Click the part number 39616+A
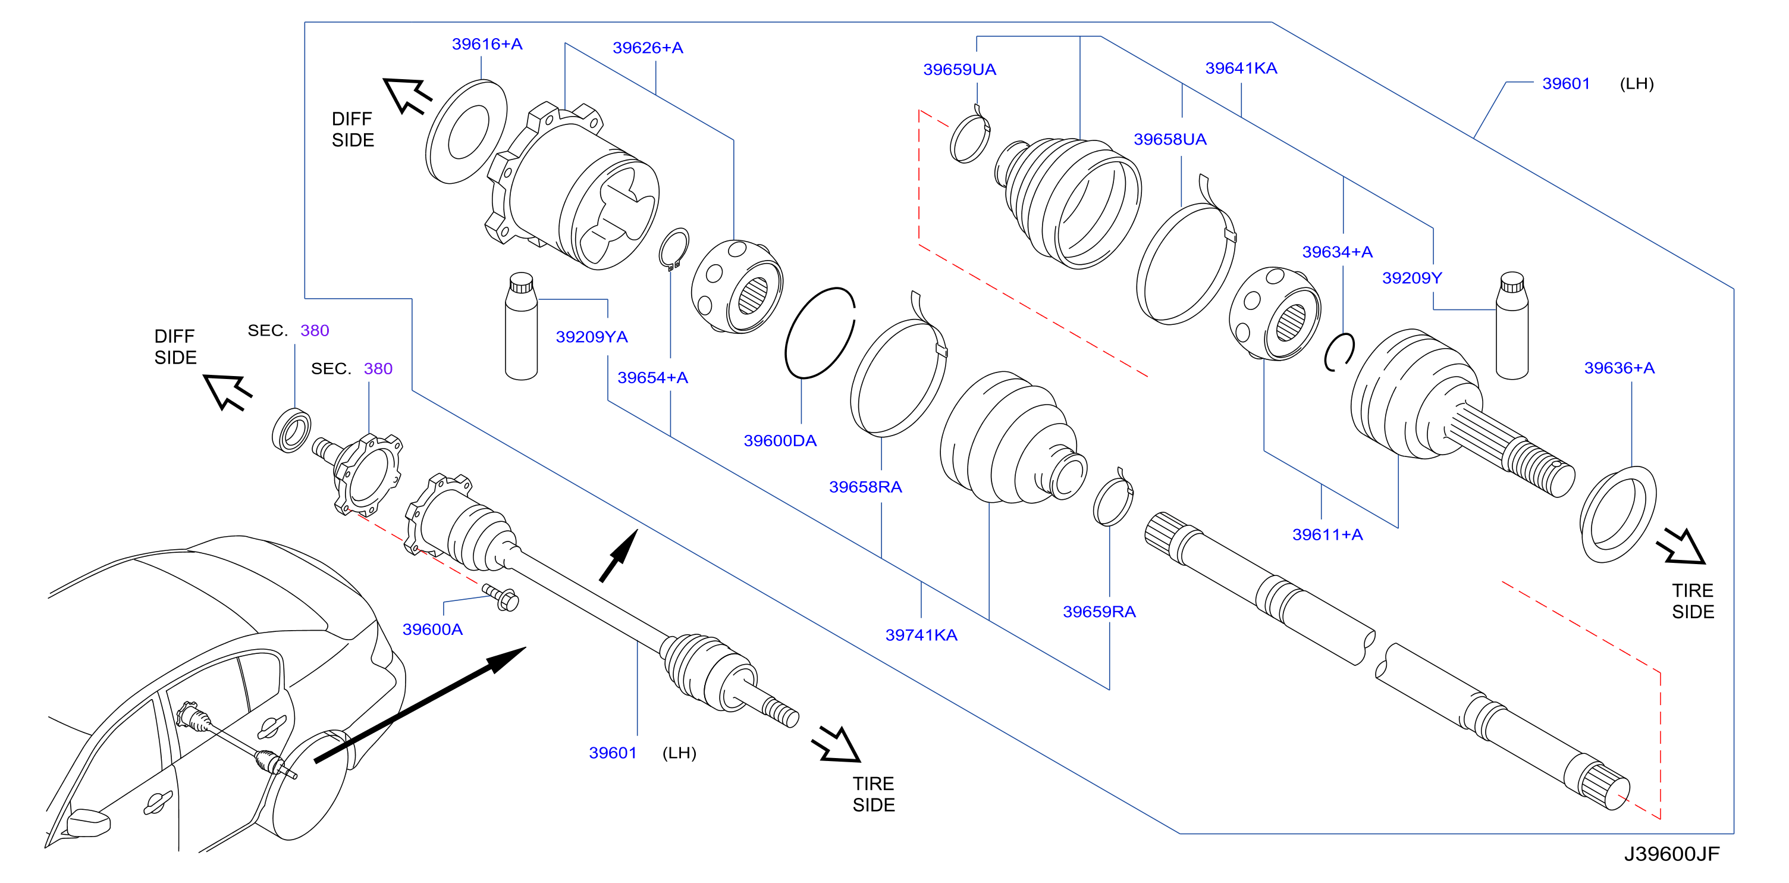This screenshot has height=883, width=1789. point(487,45)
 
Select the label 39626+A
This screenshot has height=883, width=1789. point(647,48)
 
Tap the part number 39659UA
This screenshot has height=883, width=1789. point(959,70)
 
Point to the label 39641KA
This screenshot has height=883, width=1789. point(1241,68)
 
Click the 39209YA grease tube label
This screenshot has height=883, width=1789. point(592,337)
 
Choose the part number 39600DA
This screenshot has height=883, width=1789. point(780,440)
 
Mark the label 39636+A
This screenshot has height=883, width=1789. point(1619,368)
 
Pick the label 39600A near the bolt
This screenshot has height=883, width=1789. point(432,630)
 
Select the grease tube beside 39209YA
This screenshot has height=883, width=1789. point(522,326)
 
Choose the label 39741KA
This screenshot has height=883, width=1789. point(921,635)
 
